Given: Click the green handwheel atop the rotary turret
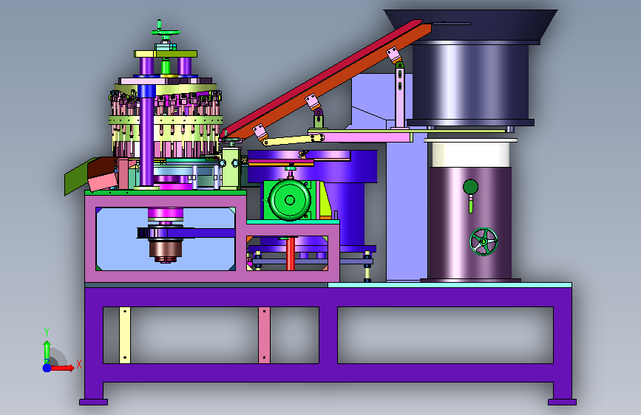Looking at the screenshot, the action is pyautogui.click(x=165, y=32).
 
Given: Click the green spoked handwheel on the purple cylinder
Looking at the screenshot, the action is pyautogui.click(x=484, y=241).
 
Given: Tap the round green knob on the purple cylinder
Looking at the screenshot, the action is pyautogui.click(x=470, y=187).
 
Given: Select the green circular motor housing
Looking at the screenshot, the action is pyautogui.click(x=289, y=200).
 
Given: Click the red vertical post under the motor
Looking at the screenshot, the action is pyautogui.click(x=291, y=254).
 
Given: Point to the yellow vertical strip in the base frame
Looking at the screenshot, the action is pyautogui.click(x=125, y=335).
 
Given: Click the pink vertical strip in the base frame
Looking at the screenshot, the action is pyautogui.click(x=264, y=335).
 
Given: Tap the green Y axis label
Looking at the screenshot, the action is pyautogui.click(x=47, y=332).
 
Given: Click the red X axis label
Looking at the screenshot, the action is pyautogui.click(x=79, y=364).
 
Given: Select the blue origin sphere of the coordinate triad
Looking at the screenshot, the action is pyautogui.click(x=47, y=368).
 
